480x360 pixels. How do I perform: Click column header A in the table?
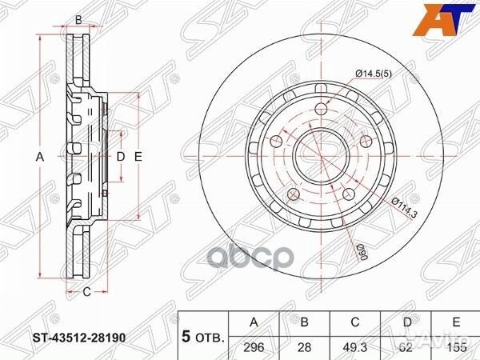click(254, 322)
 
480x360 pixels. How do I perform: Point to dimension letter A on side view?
click(39, 158)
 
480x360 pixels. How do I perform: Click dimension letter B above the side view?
click(78, 20)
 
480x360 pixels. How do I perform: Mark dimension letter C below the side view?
click(86, 292)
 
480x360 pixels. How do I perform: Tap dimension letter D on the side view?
click(121, 158)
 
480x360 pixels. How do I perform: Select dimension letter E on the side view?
click(138, 158)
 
